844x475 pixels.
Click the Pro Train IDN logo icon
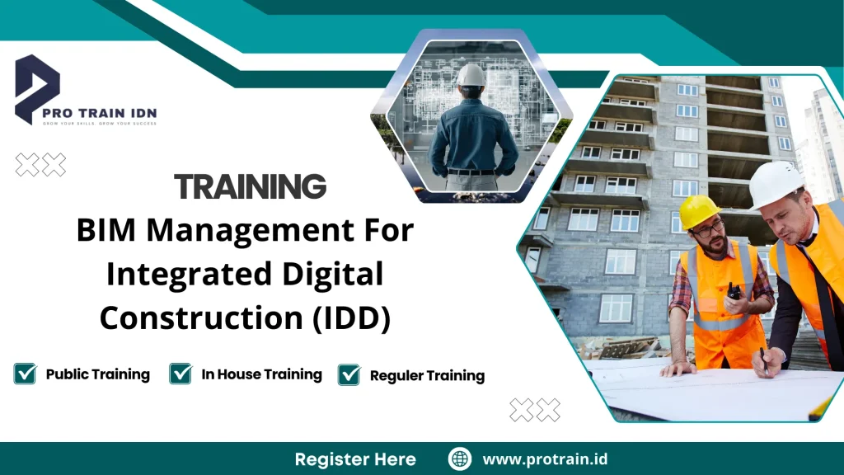coord(37,87)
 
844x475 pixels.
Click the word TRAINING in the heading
coord(251,187)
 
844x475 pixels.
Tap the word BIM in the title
coord(106,231)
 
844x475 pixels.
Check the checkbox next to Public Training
coord(26,374)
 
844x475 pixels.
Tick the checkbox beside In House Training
coord(181,374)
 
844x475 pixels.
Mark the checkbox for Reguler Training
coord(349,374)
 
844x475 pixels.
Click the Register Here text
coord(355,459)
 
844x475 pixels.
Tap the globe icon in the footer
coord(460,459)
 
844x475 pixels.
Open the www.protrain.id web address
coord(545,459)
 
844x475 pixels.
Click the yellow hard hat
coord(698,210)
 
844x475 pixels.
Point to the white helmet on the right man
coord(776,183)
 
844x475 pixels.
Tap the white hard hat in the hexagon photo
coord(471,75)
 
